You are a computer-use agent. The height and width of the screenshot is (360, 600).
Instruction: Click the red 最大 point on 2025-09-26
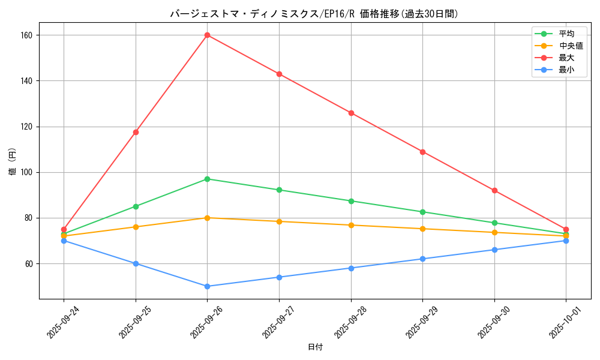click(x=207, y=35)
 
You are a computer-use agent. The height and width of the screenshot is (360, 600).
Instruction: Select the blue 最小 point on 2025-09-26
click(x=207, y=286)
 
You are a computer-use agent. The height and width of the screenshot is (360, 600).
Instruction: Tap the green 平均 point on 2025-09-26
click(x=207, y=179)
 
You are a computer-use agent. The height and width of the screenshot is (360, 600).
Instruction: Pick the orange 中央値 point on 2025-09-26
click(x=207, y=218)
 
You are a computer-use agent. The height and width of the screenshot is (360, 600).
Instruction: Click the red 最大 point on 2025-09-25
click(x=136, y=132)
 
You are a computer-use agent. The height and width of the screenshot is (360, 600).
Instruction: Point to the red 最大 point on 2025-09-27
click(x=279, y=74)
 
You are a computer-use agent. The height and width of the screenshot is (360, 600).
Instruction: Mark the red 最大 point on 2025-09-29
click(x=422, y=152)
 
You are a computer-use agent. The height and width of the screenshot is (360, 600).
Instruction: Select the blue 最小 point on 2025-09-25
click(x=136, y=263)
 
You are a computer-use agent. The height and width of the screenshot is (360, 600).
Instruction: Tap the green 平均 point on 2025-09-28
click(x=351, y=201)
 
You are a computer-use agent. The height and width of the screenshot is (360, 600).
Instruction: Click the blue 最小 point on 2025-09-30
click(x=494, y=250)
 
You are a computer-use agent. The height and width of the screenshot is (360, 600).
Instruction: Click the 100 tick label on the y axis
click(x=26, y=172)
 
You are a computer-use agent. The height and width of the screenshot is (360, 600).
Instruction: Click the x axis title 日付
click(x=315, y=347)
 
